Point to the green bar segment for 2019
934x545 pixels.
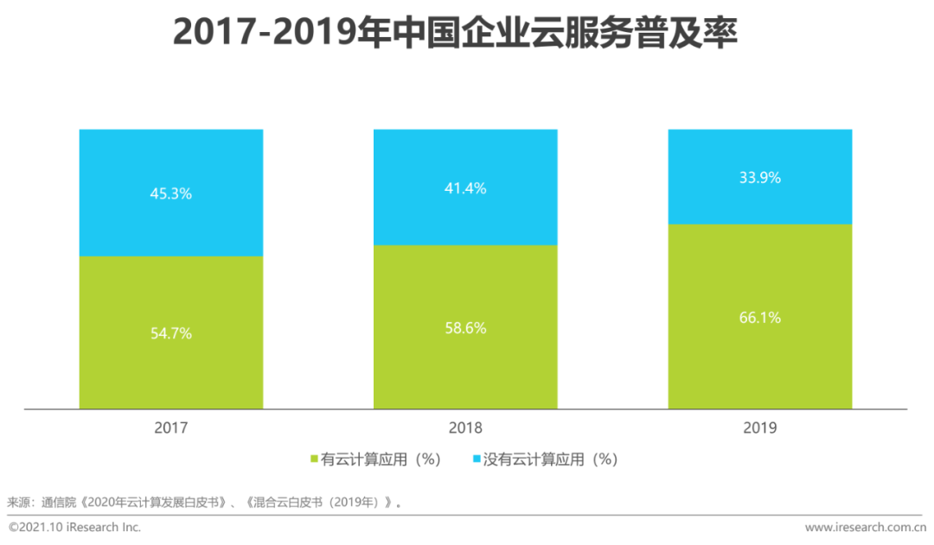click(759, 363)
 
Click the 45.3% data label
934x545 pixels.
click(171, 193)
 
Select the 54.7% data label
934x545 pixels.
click(171, 333)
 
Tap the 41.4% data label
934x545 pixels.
click(465, 188)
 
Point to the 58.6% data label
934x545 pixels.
click(465, 328)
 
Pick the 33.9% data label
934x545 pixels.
click(759, 178)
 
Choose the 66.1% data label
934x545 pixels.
click(759, 318)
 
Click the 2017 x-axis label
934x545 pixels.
click(171, 428)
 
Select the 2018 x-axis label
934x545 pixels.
click(465, 428)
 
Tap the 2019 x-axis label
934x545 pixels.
click(759, 428)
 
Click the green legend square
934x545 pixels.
click(314, 459)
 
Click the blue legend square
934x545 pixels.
click(476, 459)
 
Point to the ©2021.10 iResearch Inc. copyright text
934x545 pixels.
click(74, 527)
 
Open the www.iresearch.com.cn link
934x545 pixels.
click(866, 527)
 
